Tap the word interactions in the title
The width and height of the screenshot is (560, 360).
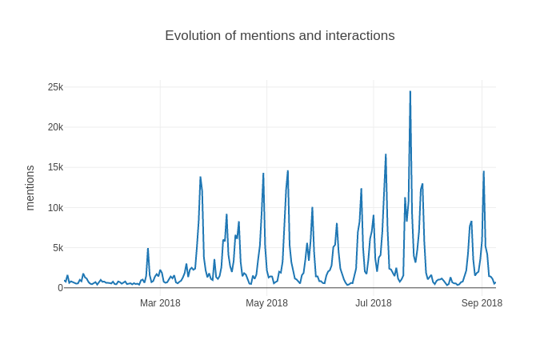coord(358,36)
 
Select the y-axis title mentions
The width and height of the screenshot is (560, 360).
coord(30,188)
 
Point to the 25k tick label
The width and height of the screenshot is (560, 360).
coord(55,87)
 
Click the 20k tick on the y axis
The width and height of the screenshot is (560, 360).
coord(55,127)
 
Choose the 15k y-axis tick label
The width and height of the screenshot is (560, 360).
coord(55,167)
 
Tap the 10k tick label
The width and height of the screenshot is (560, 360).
coord(55,208)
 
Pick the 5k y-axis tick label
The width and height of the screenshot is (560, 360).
coord(58,248)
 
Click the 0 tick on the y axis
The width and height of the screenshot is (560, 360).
coord(60,288)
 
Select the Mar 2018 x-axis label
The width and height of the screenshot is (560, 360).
coord(160,303)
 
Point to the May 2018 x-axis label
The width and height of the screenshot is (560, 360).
coord(266,303)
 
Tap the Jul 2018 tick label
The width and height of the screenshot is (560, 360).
coord(374,303)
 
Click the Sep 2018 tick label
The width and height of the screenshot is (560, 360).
coord(482,303)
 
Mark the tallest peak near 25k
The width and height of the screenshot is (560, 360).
coord(410,92)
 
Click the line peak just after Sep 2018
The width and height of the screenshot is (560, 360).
coord(483,172)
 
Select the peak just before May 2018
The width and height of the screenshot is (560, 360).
coord(263,174)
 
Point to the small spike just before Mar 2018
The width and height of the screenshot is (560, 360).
coord(148,249)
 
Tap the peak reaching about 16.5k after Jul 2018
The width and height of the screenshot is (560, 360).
coord(386,155)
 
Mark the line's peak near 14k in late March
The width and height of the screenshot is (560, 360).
coord(200,178)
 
